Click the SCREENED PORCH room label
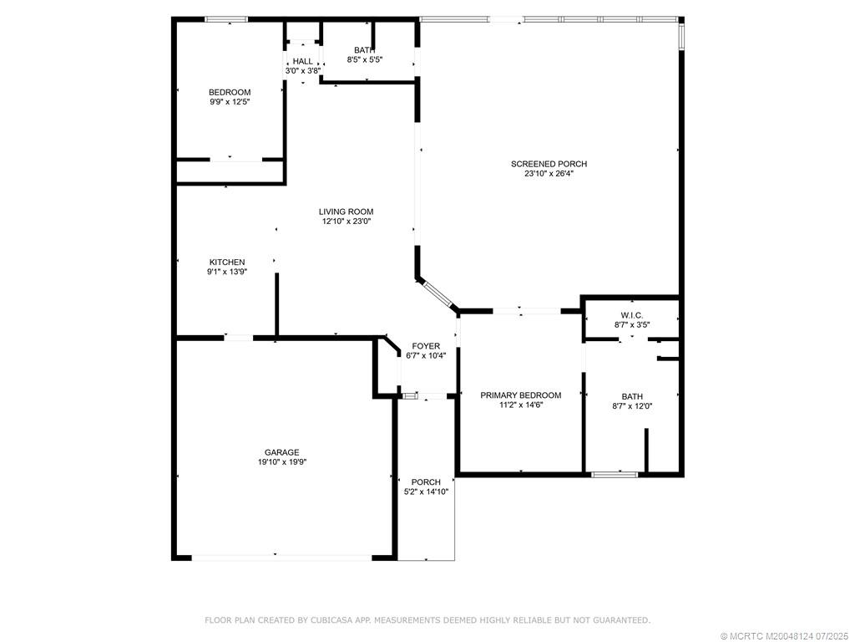point(549,164)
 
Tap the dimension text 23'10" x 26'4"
point(549,174)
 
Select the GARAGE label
point(282,452)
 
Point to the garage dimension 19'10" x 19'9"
point(282,462)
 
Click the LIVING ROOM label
point(346,211)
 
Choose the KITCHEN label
point(227,262)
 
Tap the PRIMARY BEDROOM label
point(520,395)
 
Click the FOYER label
point(426,345)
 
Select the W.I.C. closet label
point(631,315)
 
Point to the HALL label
point(302,61)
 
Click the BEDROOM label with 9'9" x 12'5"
point(230,92)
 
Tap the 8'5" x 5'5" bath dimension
point(364,59)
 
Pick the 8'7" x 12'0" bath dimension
point(631,406)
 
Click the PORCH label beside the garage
point(426,481)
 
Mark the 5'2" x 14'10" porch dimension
point(426,492)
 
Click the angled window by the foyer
point(437,295)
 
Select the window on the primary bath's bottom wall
point(615,475)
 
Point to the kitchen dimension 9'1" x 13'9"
point(227,272)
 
